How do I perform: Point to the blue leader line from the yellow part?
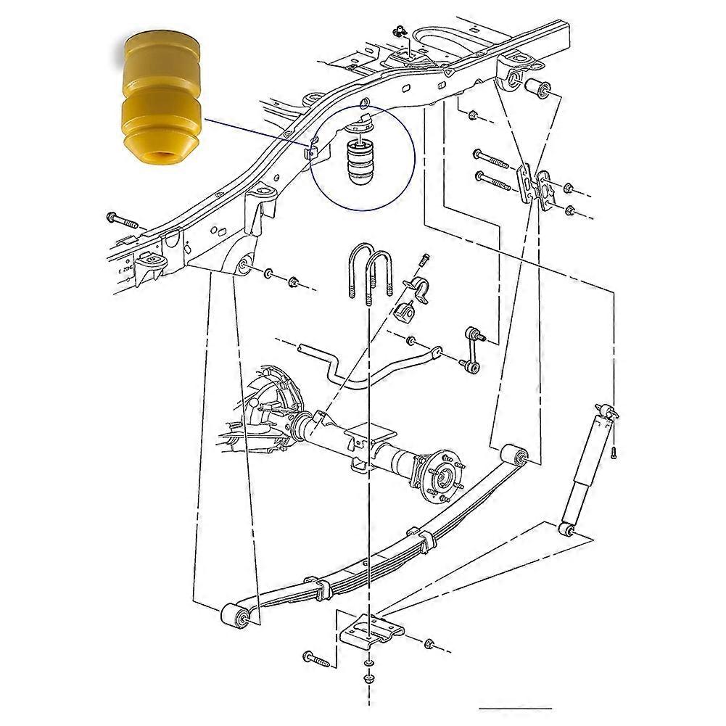pos(254,130)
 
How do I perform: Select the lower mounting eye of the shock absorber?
pos(566,527)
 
